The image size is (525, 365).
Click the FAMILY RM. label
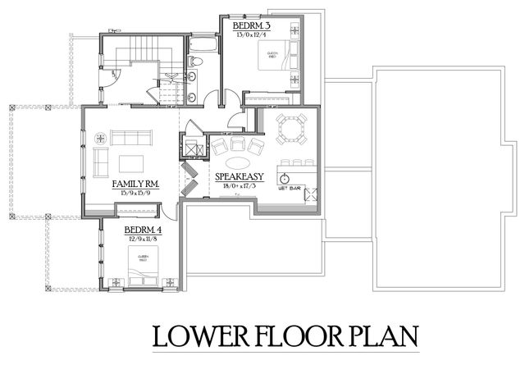(x=135, y=185)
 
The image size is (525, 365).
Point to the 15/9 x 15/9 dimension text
(x=135, y=194)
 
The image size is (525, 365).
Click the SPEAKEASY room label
(x=239, y=176)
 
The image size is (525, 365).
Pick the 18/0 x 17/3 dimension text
(x=239, y=186)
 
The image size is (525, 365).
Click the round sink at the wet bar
(x=285, y=176)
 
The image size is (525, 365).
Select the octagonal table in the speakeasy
(x=291, y=128)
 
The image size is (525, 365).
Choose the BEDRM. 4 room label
(x=143, y=231)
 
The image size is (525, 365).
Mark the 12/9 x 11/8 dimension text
(x=143, y=240)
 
